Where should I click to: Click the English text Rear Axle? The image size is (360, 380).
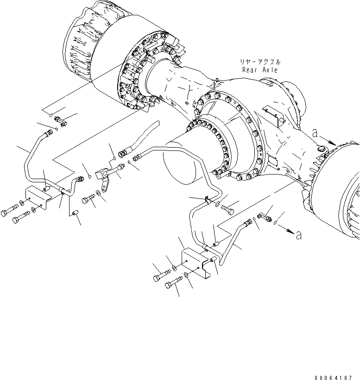click(260, 70)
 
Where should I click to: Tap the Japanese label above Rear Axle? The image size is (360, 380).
click(260, 62)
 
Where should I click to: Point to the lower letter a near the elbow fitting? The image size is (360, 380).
click(299, 236)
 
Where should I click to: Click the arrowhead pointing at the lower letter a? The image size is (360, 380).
click(290, 232)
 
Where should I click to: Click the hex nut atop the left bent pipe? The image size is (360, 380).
click(48, 135)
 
